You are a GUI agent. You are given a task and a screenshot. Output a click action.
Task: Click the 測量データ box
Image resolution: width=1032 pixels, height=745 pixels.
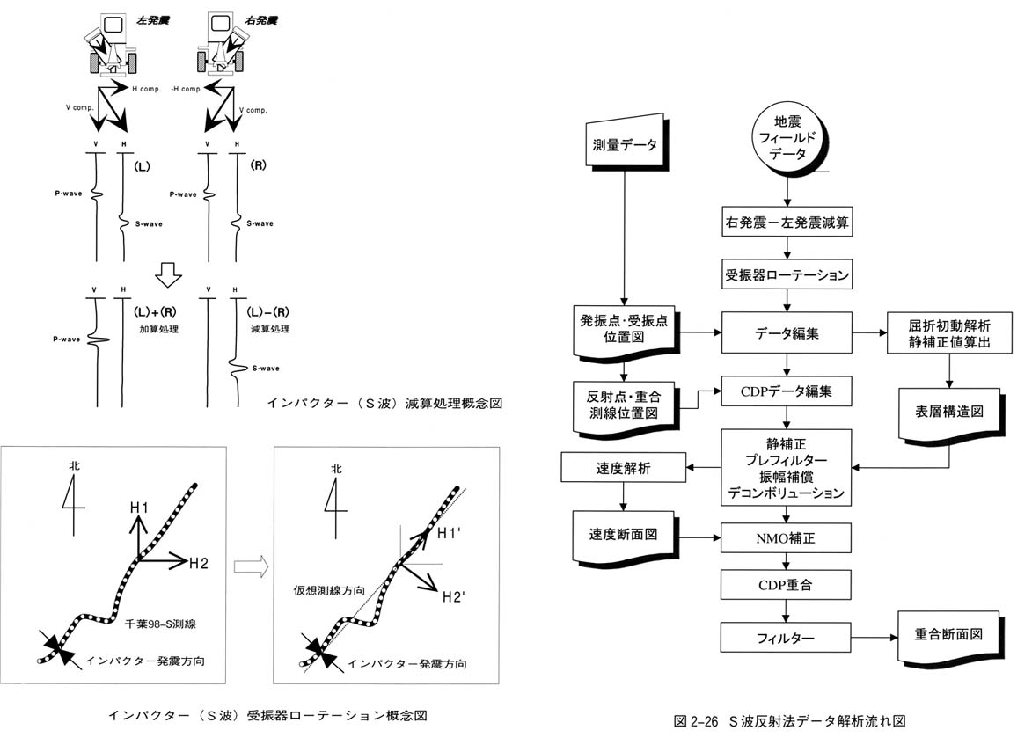tap(623, 144)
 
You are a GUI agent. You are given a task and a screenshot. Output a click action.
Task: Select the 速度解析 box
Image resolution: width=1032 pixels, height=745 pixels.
tap(622, 468)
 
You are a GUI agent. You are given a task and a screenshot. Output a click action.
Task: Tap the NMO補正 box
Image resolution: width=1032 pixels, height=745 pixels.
tap(786, 535)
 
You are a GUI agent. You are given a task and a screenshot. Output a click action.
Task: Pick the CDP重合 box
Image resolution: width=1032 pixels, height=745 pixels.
tap(786, 584)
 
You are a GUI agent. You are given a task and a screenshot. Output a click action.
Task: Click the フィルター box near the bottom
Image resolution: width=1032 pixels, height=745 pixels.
tap(786, 636)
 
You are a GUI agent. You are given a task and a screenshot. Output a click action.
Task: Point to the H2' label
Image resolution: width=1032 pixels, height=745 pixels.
tap(453, 597)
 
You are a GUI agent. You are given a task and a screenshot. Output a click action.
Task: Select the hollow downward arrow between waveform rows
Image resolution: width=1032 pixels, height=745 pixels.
tap(166, 278)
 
